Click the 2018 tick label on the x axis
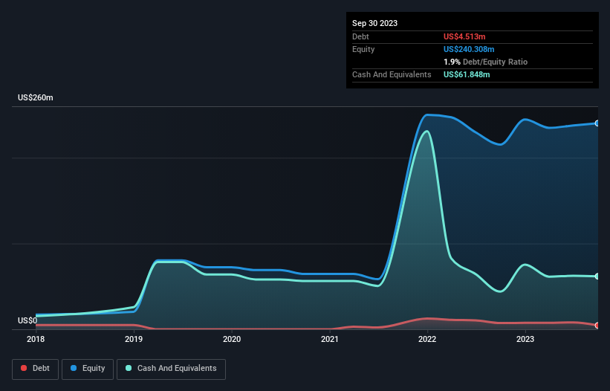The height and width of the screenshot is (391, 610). click(36, 339)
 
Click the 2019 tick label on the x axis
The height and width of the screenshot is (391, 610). click(134, 339)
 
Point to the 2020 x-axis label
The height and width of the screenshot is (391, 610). click(232, 339)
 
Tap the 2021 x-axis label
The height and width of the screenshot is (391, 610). click(330, 339)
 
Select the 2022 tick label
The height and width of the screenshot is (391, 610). click(427, 339)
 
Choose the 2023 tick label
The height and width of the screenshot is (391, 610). click(525, 339)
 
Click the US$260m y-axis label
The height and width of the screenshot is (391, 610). click(36, 98)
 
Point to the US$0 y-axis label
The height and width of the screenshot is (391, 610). click(27, 320)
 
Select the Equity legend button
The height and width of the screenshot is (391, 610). click(88, 368)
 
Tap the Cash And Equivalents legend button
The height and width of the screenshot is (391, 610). click(171, 368)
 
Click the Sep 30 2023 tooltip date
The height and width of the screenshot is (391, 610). click(374, 23)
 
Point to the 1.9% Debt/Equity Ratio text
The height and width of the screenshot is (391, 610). click(485, 62)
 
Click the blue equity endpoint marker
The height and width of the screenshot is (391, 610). click(597, 123)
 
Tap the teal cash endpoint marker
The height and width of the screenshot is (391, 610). click(597, 277)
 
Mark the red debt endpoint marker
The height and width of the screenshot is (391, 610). click(597, 326)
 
